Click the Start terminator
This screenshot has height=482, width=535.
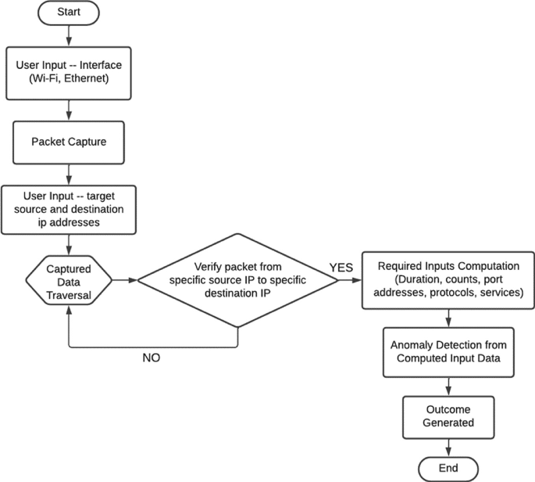tap(70, 14)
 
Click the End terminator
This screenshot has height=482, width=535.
tap(448, 468)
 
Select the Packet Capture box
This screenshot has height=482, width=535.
tap(70, 142)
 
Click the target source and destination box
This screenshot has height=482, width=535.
tap(70, 209)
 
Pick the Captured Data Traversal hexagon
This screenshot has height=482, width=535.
tap(70, 279)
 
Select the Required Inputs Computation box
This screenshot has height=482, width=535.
tap(448, 279)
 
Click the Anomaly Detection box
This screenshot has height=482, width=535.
tap(448, 351)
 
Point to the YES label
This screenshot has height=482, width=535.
tap(341, 268)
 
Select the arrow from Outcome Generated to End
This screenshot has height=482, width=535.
tap(448, 445)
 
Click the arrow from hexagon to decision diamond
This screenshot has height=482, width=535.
tap(125, 279)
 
